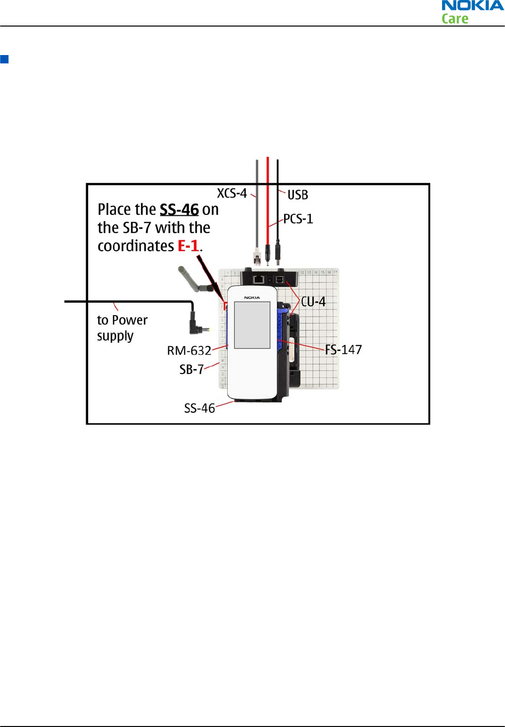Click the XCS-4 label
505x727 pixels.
(x=232, y=193)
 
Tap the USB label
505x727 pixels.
(x=297, y=195)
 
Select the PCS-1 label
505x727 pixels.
(x=298, y=219)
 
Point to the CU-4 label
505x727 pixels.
(x=313, y=301)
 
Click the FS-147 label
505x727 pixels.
(x=343, y=349)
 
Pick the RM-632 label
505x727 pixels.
(x=189, y=350)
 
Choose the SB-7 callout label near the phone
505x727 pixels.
(x=191, y=369)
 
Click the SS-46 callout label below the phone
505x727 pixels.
(x=199, y=408)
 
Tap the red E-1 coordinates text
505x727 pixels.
(x=188, y=246)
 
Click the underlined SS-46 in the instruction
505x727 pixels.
(x=179, y=209)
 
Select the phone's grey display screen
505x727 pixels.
(x=252, y=325)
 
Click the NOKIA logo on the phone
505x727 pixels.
(x=252, y=297)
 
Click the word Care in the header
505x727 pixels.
(x=455, y=19)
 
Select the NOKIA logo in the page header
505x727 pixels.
(x=472, y=6)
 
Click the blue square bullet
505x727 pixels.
(x=4, y=59)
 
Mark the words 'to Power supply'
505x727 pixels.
(x=122, y=328)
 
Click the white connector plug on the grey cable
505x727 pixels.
(x=257, y=256)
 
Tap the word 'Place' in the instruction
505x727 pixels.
(x=113, y=209)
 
